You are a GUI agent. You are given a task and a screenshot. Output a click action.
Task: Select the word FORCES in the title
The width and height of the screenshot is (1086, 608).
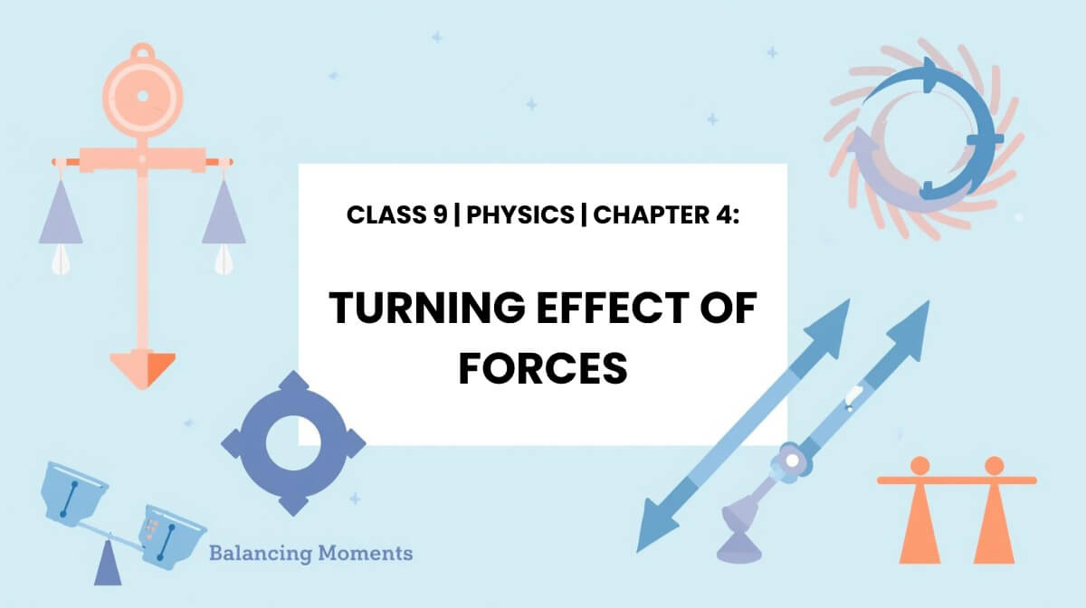point(543,367)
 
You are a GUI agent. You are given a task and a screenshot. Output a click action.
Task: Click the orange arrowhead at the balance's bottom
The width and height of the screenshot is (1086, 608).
point(142,368)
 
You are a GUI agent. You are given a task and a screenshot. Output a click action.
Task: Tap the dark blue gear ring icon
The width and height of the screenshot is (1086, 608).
point(293,444)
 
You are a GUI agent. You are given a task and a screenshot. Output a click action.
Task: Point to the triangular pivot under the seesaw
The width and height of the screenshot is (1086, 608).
point(108,565)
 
